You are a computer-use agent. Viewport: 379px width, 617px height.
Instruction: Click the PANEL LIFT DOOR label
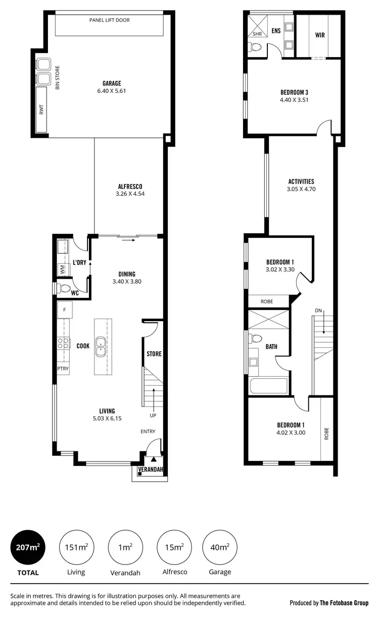[x=109, y=21]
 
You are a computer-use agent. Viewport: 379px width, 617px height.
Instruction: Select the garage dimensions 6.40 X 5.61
[x=109, y=91]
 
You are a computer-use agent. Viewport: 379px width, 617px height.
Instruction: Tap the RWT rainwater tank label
[x=41, y=110]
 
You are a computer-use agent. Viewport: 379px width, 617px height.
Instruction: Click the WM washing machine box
[x=63, y=270]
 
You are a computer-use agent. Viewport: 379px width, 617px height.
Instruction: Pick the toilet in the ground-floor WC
[x=65, y=288]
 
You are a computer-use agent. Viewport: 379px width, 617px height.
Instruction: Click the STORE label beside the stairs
[x=154, y=354]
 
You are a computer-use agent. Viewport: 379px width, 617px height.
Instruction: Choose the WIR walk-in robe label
[x=319, y=36]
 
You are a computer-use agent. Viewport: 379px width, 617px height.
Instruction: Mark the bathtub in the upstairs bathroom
[x=268, y=386]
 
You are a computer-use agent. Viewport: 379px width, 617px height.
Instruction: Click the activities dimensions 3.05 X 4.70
[x=301, y=189]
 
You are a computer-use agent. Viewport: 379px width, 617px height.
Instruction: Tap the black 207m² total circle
[x=28, y=547]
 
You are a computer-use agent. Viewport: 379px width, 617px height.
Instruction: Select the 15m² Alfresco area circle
[x=174, y=547]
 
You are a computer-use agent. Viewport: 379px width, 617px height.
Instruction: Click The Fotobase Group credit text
[x=329, y=602]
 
